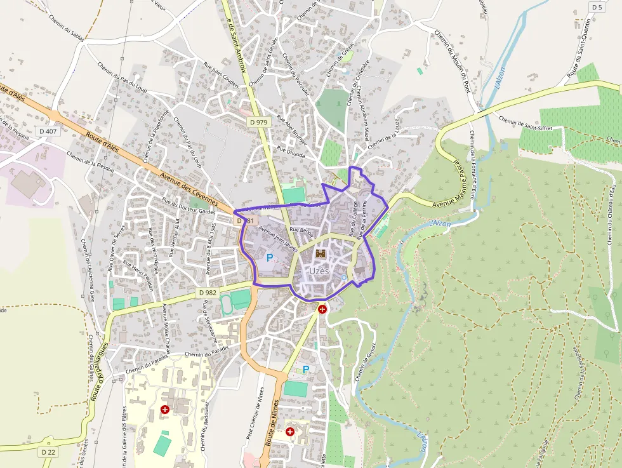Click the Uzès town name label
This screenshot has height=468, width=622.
click(319, 271)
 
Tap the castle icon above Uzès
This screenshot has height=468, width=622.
click(321, 253)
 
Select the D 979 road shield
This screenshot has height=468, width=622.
click(258, 122)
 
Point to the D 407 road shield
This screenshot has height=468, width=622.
click(48, 131)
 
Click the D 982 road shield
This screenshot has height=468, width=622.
click(208, 291)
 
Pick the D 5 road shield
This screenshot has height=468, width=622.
click(596, 7)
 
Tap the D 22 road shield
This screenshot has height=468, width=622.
click(48, 451)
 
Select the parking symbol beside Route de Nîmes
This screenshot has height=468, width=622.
click(306, 369)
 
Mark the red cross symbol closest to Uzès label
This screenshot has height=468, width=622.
click(323, 309)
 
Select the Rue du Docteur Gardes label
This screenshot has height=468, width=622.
click(189, 206)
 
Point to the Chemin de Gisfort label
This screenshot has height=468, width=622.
click(362, 362)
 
